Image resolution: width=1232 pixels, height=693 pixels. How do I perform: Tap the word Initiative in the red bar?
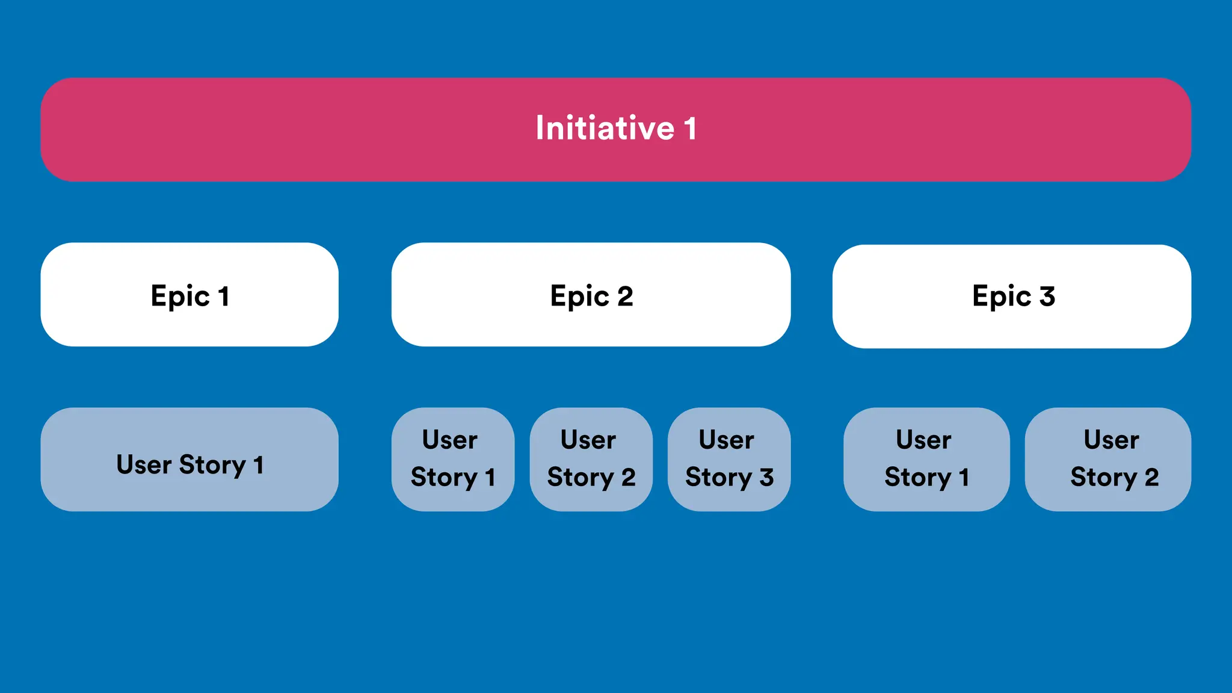605,128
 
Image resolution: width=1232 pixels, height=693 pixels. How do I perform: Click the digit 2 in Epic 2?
625,296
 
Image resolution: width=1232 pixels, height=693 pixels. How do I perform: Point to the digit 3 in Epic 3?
1047,296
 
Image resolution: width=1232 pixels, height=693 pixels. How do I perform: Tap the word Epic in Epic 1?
180,297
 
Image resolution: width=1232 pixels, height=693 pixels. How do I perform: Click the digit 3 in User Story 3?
766,477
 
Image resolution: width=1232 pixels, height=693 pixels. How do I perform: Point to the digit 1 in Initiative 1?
691,128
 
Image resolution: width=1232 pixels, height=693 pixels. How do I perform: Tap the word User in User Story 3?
726,440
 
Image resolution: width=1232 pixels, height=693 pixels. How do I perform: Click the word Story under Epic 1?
212,465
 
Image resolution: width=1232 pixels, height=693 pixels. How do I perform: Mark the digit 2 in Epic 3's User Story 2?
1151,477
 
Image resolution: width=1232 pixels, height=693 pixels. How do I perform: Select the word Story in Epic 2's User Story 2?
580,477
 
